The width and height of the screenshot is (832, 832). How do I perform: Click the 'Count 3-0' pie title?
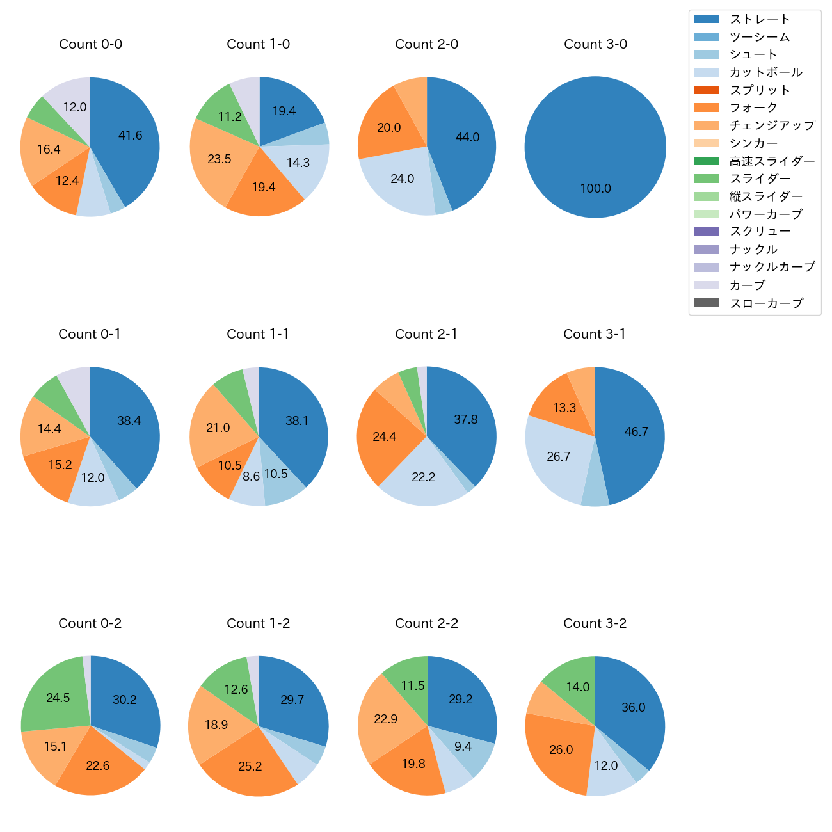click(x=595, y=44)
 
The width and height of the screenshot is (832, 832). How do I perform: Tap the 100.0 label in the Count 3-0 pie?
click(x=595, y=189)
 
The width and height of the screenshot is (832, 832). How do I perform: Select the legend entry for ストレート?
click(x=760, y=19)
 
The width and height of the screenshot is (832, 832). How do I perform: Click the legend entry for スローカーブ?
click(x=766, y=303)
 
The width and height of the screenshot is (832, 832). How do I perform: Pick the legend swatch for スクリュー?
click(x=706, y=232)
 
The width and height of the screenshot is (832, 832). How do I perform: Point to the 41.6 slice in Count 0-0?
click(x=130, y=136)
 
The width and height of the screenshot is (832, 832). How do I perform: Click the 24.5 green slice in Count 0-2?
click(x=58, y=698)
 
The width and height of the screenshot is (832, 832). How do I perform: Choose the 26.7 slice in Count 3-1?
click(x=558, y=456)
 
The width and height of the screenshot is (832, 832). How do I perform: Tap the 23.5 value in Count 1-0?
click(x=219, y=159)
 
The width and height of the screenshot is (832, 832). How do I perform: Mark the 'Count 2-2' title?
click(x=426, y=623)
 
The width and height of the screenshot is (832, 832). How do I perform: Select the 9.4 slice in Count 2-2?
click(x=463, y=746)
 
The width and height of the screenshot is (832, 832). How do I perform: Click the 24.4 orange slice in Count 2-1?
click(x=384, y=437)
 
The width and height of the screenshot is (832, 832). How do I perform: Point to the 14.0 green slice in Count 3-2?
click(x=577, y=687)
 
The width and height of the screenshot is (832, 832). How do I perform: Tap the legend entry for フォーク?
click(x=753, y=108)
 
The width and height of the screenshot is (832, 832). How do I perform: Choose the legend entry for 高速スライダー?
click(x=772, y=161)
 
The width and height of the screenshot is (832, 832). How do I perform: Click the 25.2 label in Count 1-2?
click(x=250, y=766)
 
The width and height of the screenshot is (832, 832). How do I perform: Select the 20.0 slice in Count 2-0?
click(x=388, y=128)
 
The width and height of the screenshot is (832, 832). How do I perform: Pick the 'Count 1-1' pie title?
click(x=258, y=334)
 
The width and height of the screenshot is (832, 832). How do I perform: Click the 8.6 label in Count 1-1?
click(x=252, y=476)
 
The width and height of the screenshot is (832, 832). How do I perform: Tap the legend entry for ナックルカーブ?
click(x=772, y=268)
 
